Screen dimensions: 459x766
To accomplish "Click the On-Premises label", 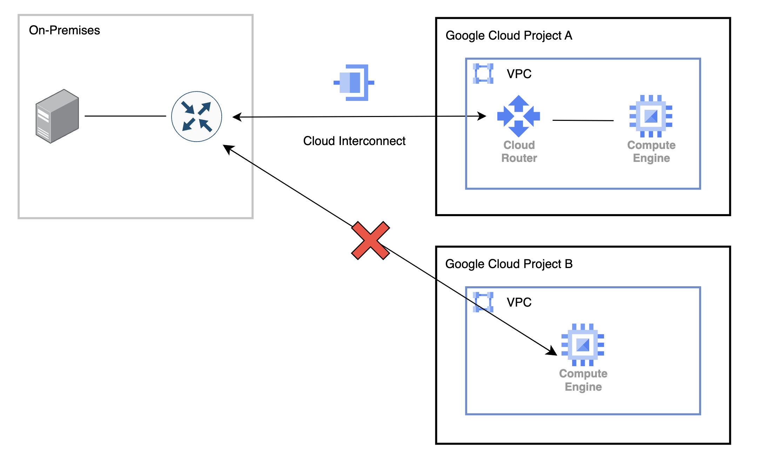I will (64, 30).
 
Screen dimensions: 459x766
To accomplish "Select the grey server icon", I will (57, 116).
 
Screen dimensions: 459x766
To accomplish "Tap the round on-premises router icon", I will (196, 117).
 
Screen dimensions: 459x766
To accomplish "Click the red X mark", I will (370, 241).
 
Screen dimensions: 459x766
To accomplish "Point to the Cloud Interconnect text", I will (354, 141).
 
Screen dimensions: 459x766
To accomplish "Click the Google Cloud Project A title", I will (509, 36).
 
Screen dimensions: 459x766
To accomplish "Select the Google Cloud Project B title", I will (509, 264).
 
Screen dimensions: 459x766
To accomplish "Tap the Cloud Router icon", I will (518, 116).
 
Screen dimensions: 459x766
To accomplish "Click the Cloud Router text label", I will (519, 151).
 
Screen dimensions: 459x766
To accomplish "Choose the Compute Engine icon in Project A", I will (651, 116).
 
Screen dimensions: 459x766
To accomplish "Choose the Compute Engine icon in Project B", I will (583, 345).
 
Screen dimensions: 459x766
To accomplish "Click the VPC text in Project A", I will (519, 74).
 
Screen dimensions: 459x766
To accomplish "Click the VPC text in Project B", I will (519, 302).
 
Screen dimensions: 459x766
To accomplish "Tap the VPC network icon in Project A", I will (483, 74).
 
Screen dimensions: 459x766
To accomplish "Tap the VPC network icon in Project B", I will (483, 302).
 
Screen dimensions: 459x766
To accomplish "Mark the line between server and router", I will (125, 116).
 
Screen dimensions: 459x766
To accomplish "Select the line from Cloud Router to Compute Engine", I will (583, 121).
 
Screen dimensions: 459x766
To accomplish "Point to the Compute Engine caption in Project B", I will (583, 380).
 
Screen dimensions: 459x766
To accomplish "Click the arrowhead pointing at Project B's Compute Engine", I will (552, 351).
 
